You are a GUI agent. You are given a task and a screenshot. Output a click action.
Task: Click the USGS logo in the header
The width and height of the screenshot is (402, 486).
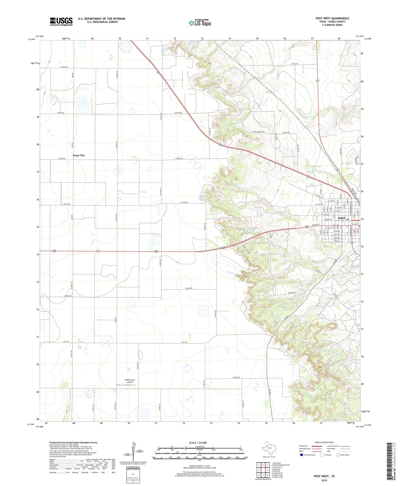point(61,21)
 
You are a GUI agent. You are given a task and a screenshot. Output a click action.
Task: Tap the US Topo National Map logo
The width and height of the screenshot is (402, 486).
point(200,23)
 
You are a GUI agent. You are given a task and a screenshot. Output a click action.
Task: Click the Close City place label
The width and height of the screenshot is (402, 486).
point(79,155)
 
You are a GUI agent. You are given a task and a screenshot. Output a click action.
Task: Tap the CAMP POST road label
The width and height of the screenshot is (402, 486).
point(290,293)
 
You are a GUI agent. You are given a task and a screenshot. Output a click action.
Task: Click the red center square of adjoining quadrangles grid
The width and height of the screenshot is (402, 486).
point(263,470)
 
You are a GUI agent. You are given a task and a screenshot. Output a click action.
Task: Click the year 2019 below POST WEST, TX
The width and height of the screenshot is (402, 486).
point(324,480)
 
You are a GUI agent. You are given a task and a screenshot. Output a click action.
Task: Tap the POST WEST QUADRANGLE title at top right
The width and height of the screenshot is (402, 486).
point(332,18)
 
